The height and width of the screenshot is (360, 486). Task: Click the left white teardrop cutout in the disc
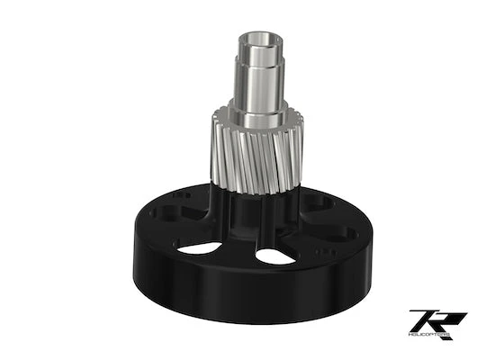pos(199,247)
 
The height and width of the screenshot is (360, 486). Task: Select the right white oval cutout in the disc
pos(275,256)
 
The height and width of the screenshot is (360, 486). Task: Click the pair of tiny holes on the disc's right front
pos(328,253)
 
